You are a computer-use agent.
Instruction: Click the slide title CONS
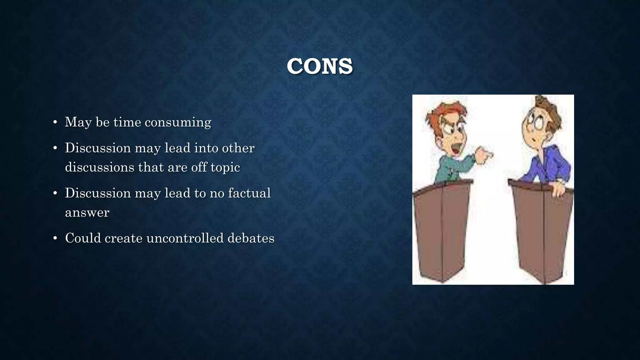coord(320,66)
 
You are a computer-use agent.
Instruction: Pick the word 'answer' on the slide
coord(87,212)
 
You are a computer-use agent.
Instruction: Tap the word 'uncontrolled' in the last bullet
coord(185,238)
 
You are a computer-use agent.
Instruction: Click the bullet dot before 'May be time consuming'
coord(55,122)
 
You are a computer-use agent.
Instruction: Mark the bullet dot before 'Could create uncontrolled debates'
coord(55,238)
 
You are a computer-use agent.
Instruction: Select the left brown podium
coord(442,231)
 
